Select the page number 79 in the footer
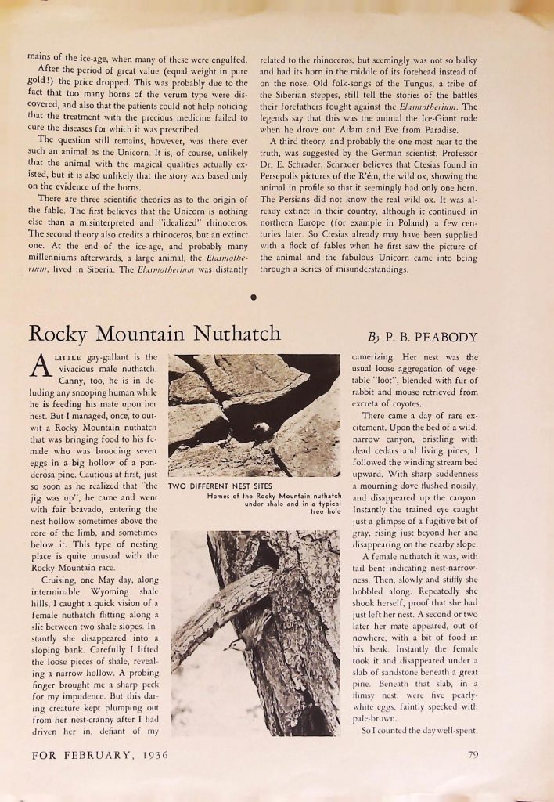pos(473,756)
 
